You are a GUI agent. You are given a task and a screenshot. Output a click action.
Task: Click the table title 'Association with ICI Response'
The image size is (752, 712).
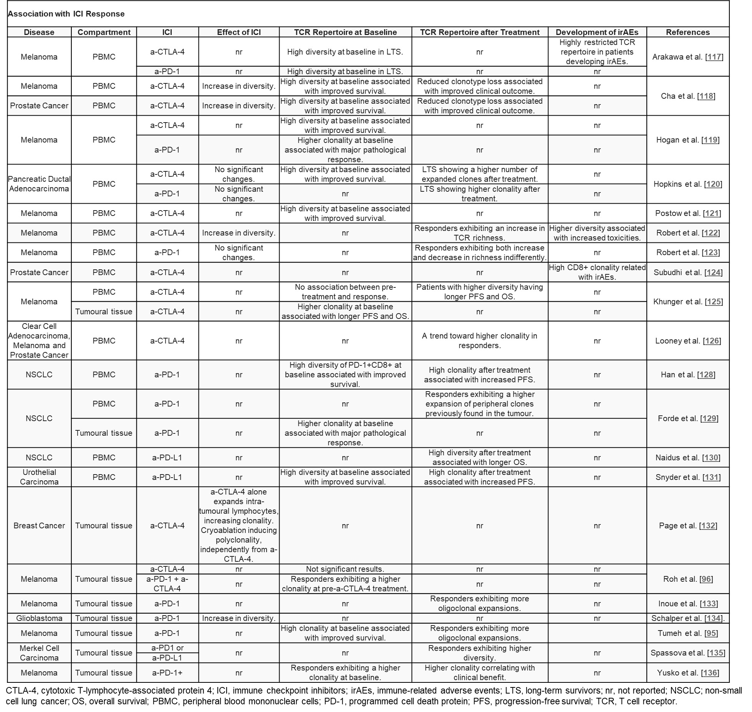pos(66,14)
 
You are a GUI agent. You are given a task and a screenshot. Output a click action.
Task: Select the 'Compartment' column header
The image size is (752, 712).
pos(104,32)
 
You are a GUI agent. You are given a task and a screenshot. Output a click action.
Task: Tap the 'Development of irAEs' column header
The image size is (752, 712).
pos(597,32)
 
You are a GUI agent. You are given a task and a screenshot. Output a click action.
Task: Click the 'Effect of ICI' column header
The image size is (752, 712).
pos(239,32)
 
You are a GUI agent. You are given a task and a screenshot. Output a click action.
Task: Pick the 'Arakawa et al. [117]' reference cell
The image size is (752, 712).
pos(687,57)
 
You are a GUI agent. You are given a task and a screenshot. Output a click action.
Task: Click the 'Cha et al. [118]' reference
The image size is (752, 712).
pos(687,96)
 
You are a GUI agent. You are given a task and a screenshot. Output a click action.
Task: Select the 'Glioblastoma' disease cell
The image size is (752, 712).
pos(39,618)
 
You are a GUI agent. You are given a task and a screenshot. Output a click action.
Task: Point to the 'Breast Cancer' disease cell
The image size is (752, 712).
pos(39,526)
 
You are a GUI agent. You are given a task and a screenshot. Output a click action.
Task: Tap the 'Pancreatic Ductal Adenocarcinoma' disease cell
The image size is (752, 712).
pos(39,184)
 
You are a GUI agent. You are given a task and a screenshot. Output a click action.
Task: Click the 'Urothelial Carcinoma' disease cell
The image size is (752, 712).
pos(39,477)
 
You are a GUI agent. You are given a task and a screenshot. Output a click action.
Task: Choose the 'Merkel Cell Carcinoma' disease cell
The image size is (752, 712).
pos(39,653)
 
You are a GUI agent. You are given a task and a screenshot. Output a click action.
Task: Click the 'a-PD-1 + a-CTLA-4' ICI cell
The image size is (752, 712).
pos(167,584)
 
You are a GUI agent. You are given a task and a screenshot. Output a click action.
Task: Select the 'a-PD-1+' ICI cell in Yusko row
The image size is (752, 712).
pos(167,673)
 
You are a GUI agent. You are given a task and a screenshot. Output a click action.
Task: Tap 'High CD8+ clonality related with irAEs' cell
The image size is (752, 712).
pos(597,272)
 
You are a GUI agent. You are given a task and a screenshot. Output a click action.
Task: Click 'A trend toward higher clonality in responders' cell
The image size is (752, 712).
pos(479,341)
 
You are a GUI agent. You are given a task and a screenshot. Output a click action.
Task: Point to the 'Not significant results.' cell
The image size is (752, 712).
pos(345,569)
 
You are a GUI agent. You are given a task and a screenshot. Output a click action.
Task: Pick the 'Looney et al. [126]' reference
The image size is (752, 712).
pos(687,341)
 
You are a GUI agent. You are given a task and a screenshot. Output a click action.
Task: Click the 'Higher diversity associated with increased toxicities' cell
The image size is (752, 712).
pos(597,233)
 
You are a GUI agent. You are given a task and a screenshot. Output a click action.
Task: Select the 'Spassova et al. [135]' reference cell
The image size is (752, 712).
pos(687,653)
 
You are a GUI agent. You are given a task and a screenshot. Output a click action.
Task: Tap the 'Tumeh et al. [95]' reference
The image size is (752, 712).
pos(687,633)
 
